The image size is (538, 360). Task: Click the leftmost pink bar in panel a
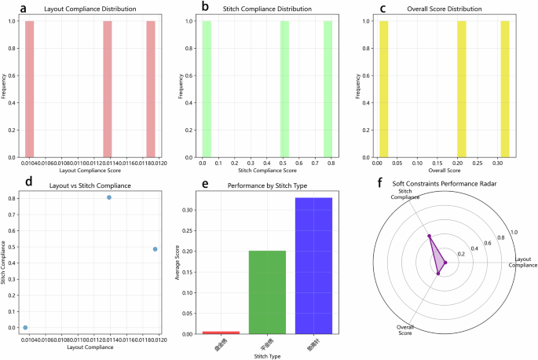30,88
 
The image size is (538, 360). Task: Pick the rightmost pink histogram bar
151,88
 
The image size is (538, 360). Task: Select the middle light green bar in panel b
284,88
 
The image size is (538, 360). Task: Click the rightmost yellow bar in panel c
505,88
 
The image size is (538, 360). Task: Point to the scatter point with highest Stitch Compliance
109,197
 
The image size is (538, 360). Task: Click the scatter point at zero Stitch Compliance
25,327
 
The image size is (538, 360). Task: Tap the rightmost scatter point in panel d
155,248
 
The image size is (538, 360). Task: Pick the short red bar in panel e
221,332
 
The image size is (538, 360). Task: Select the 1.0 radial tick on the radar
514,233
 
